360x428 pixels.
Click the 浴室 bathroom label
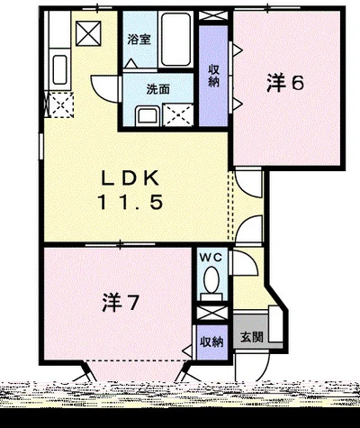(139, 39)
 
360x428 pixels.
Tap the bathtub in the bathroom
(175, 39)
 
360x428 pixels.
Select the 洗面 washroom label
(158, 89)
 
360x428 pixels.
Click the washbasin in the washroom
(147, 116)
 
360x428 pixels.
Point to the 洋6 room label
(285, 83)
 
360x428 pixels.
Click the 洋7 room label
(121, 303)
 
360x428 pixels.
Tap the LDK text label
(130, 178)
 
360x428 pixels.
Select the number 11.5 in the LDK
(130, 202)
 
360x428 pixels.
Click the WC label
(211, 258)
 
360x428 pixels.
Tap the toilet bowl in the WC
(211, 279)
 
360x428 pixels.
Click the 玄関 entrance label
(252, 337)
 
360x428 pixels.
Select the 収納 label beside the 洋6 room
(214, 76)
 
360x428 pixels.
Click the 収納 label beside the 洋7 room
(211, 341)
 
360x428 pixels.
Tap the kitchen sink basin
(59, 69)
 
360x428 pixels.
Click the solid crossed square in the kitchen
(88, 33)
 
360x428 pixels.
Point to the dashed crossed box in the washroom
(177, 114)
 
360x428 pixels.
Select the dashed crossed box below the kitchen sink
(61, 105)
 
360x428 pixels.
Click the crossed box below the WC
(212, 313)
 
